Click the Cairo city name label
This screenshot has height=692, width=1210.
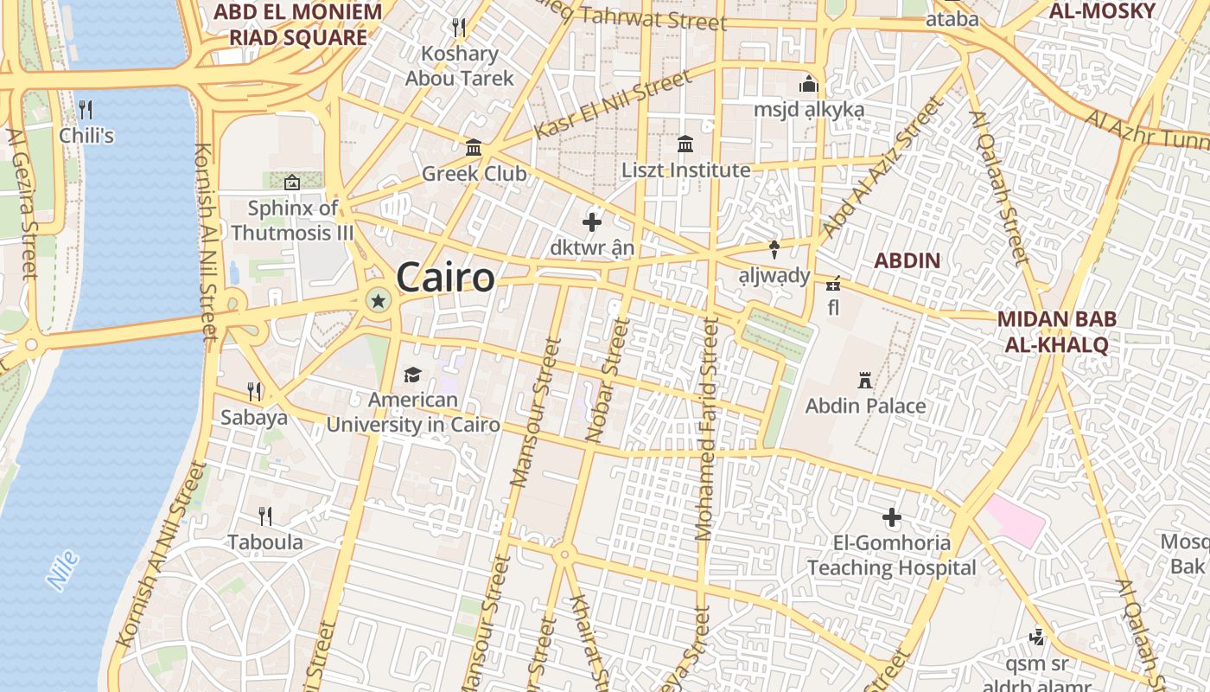(x=446, y=278)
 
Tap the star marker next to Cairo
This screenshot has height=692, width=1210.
(x=378, y=301)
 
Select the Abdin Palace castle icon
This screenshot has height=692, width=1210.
(x=863, y=380)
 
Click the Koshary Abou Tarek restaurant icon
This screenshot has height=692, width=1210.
(x=459, y=28)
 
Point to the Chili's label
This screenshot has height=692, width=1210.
(x=86, y=136)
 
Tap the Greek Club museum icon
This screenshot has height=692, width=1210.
(x=474, y=148)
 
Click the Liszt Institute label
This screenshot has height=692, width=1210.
(x=686, y=170)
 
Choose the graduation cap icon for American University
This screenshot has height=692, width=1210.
(x=412, y=375)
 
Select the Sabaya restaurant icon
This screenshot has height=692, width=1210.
(x=254, y=392)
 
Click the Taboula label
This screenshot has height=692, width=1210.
(x=265, y=542)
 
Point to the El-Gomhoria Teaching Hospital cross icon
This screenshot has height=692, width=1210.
(x=892, y=518)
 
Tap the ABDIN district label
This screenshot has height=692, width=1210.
(x=907, y=260)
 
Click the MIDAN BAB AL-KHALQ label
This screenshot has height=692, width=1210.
(x=1056, y=331)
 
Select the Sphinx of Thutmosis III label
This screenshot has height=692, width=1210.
(x=293, y=221)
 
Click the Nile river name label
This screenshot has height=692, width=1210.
(x=63, y=570)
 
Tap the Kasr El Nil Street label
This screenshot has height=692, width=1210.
(x=614, y=105)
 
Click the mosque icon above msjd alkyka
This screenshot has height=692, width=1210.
(x=809, y=85)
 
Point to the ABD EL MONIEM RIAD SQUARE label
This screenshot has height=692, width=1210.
(x=297, y=24)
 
